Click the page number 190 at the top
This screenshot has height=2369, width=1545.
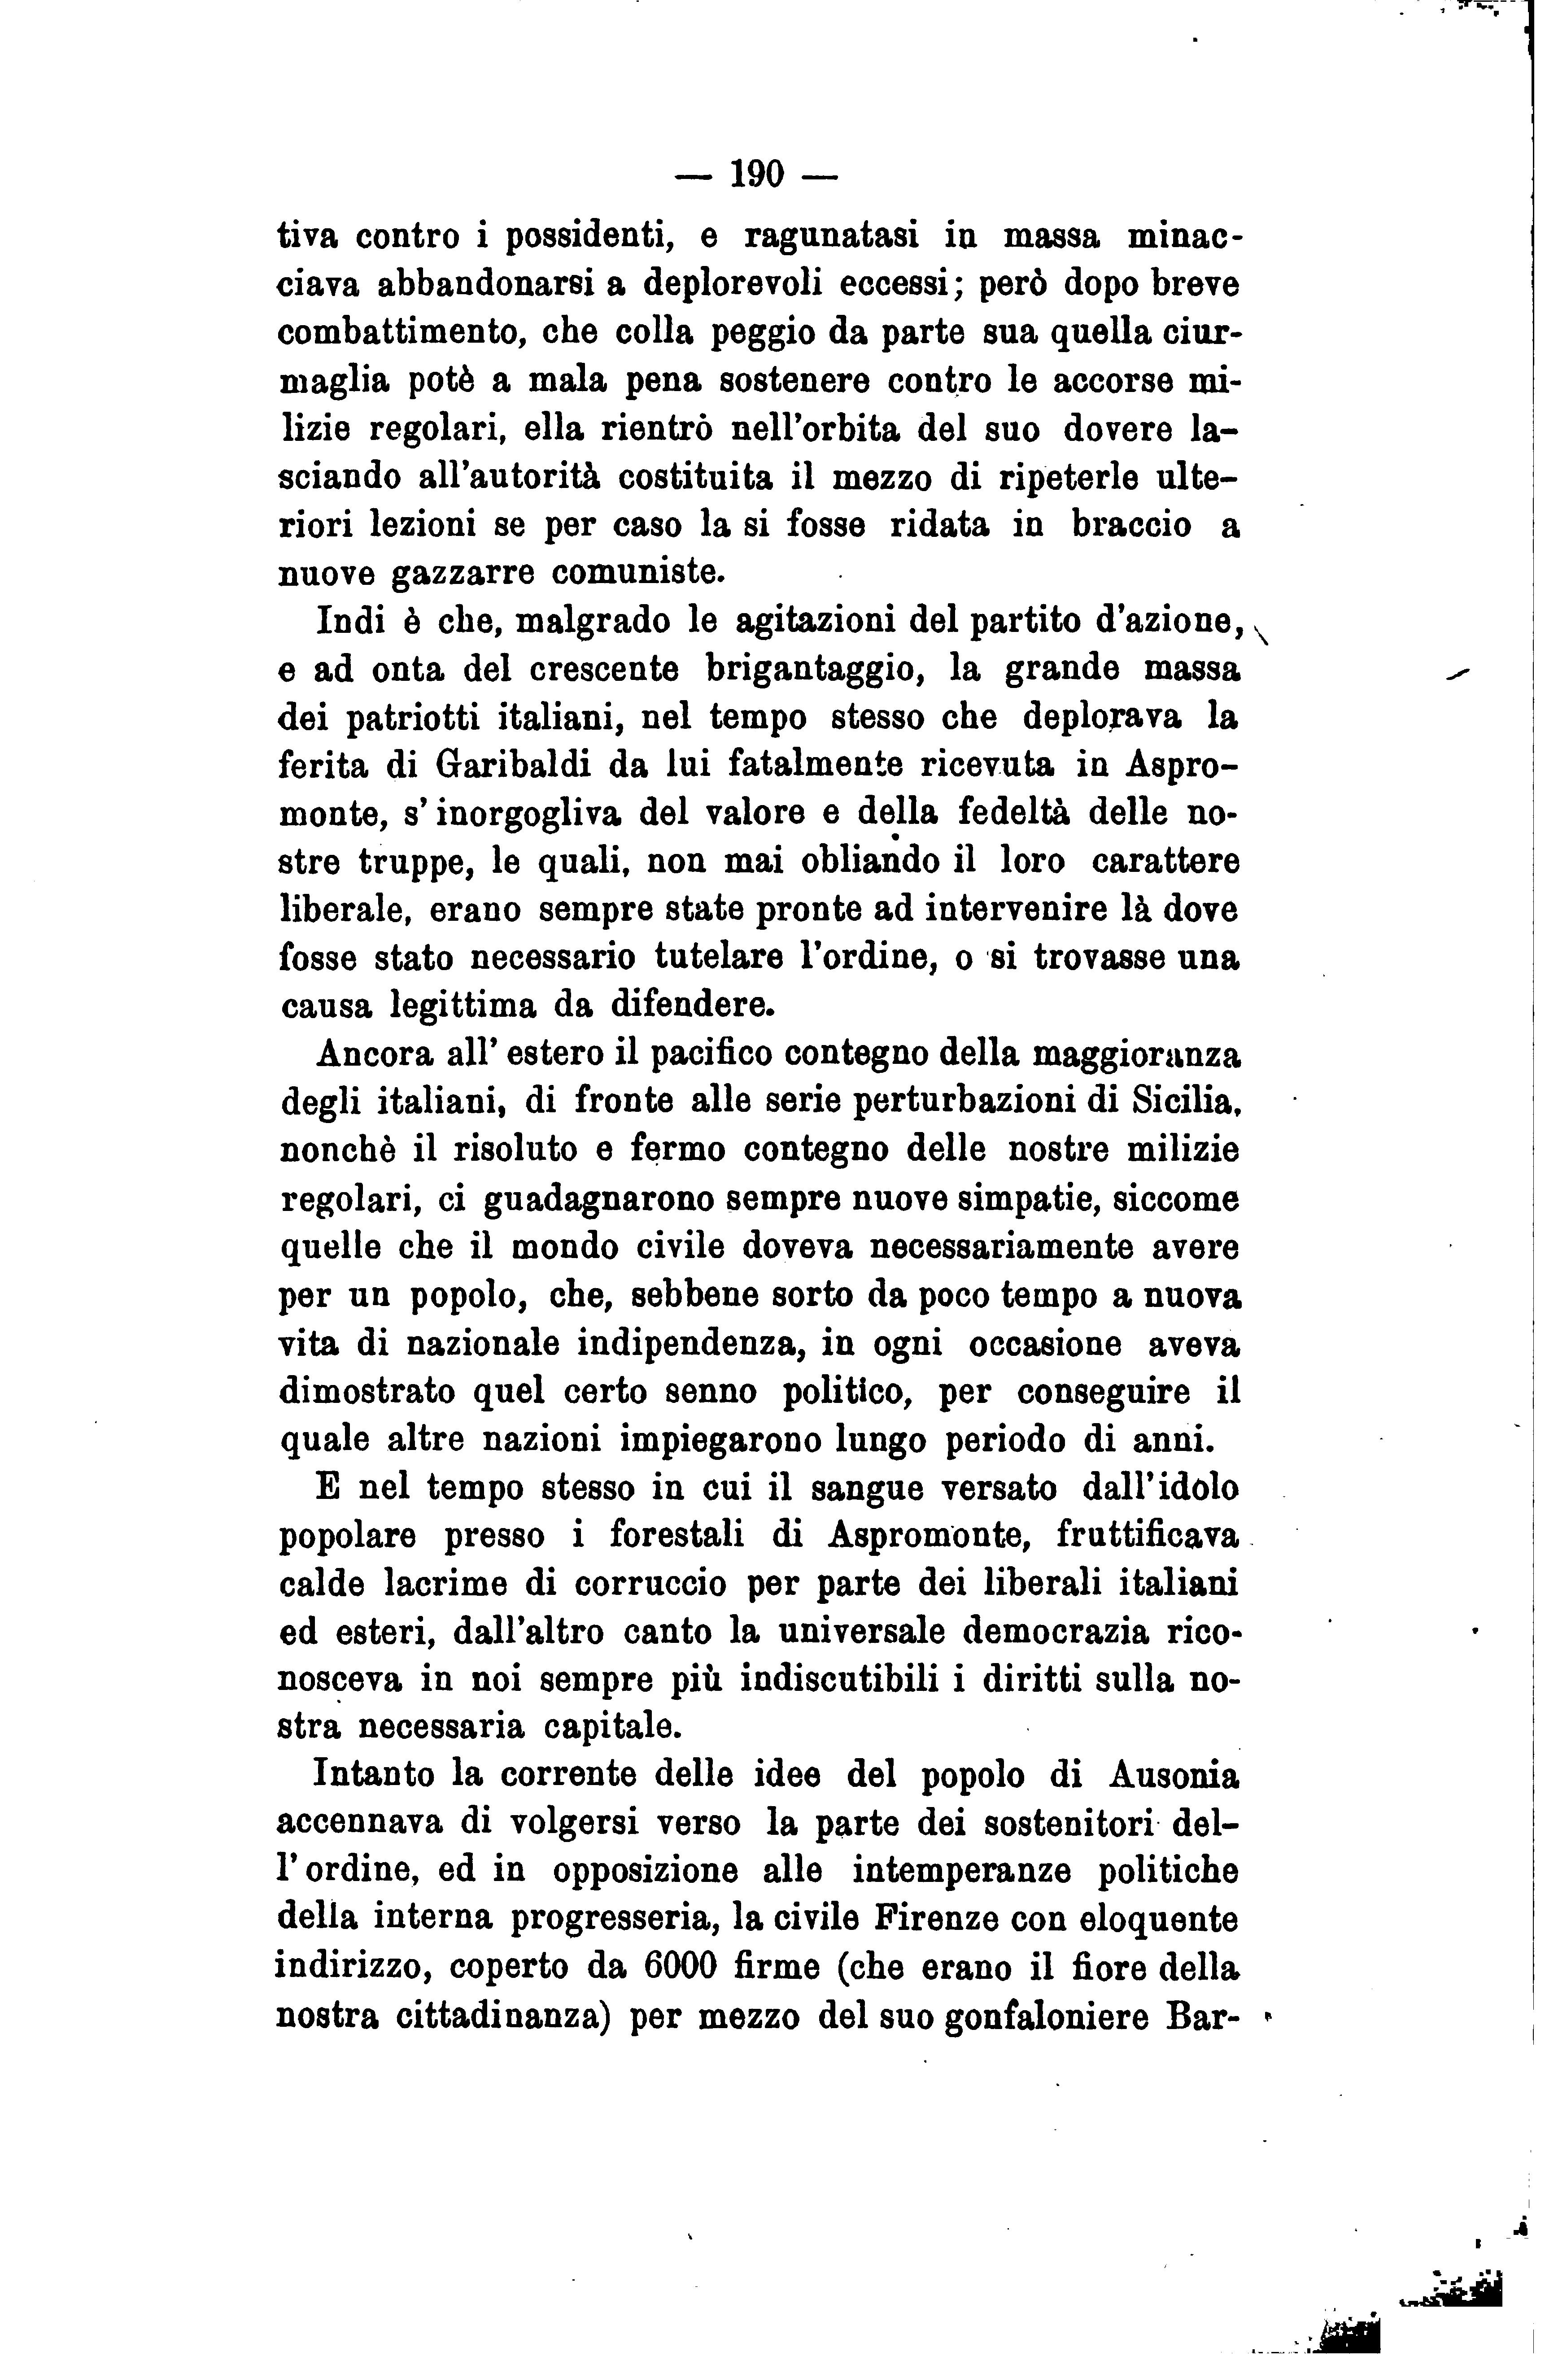pos(758,175)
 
